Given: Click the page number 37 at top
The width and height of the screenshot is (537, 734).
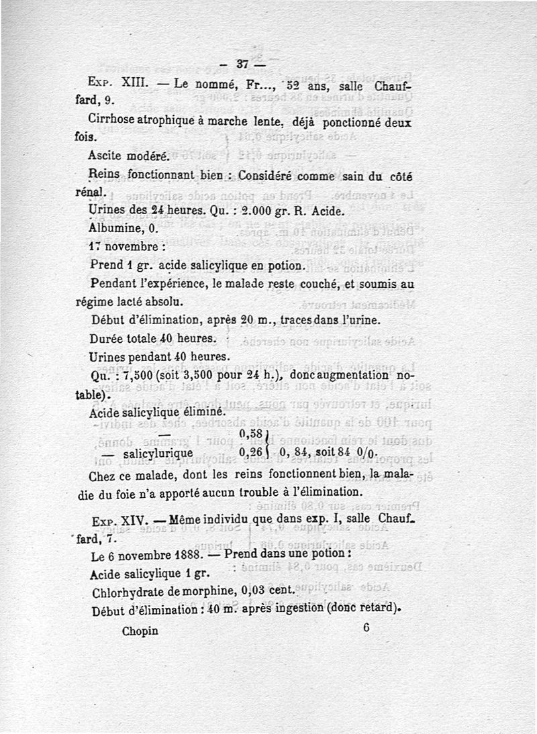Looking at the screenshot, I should tap(242, 64).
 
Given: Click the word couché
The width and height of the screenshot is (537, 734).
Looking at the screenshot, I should tap(317, 284).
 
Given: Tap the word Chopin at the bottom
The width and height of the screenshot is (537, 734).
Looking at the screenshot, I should tap(140, 631).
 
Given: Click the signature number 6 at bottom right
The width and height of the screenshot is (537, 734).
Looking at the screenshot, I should tap(366, 629).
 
